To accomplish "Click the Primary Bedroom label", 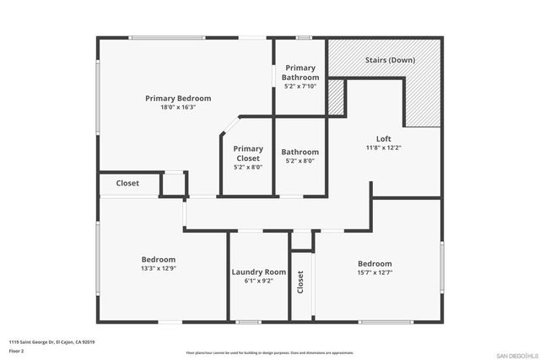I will tap(177, 99).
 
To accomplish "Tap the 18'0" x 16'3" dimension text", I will tap(177, 107).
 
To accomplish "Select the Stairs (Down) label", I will tap(389, 61).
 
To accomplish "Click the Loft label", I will tap(383, 139).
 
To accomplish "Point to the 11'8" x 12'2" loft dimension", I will tap(383, 148).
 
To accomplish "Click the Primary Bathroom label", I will tap(300, 73).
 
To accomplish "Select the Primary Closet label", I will tap(248, 153).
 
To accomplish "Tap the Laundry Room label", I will tap(259, 272).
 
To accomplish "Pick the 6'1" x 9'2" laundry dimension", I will tap(259, 282).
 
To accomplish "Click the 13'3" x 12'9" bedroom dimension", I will tap(158, 268).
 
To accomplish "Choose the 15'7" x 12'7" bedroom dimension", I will tap(375, 272).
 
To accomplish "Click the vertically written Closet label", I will tap(300, 282).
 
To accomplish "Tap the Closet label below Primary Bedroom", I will tap(127, 183).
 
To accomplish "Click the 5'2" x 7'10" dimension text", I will tap(300, 86).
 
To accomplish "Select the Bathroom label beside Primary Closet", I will tap(300, 153).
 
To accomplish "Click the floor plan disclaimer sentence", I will tap(269, 353).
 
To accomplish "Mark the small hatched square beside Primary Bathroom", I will tap(336, 99).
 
